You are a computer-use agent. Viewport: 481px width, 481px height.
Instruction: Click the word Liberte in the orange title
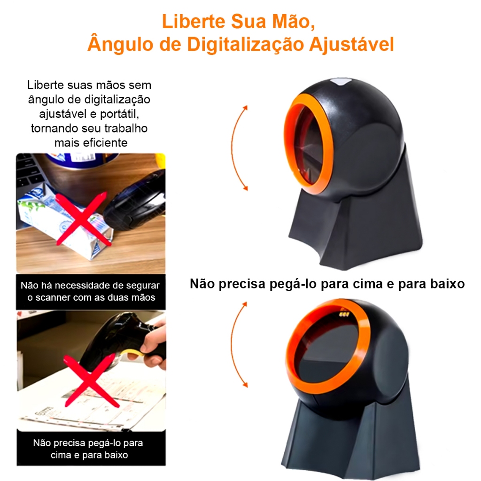point(194,22)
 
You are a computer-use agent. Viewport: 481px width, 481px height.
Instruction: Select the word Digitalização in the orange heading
point(246,45)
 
